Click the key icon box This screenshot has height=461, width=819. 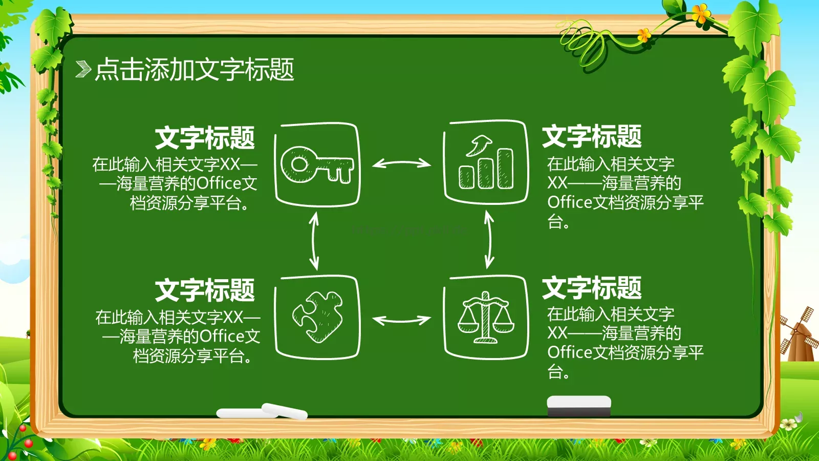coord(317,164)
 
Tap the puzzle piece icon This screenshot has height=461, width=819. coord(317,318)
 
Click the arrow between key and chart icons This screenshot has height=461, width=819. coord(401,163)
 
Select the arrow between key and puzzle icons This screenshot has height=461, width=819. coord(314,241)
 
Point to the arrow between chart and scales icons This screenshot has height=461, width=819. coord(489,240)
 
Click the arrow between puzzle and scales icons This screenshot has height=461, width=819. coord(401,320)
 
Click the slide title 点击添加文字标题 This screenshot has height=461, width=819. coord(195,69)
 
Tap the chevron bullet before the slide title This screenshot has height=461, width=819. coord(83,69)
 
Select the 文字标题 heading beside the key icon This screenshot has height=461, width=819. coord(205,138)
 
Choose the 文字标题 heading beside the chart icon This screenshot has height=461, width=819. coord(592,136)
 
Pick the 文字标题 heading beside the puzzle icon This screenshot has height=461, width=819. coord(205,290)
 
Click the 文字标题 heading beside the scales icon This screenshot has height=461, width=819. coord(592,288)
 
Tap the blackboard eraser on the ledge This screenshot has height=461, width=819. coord(579,405)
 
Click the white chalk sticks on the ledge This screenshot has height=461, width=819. coord(262,411)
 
